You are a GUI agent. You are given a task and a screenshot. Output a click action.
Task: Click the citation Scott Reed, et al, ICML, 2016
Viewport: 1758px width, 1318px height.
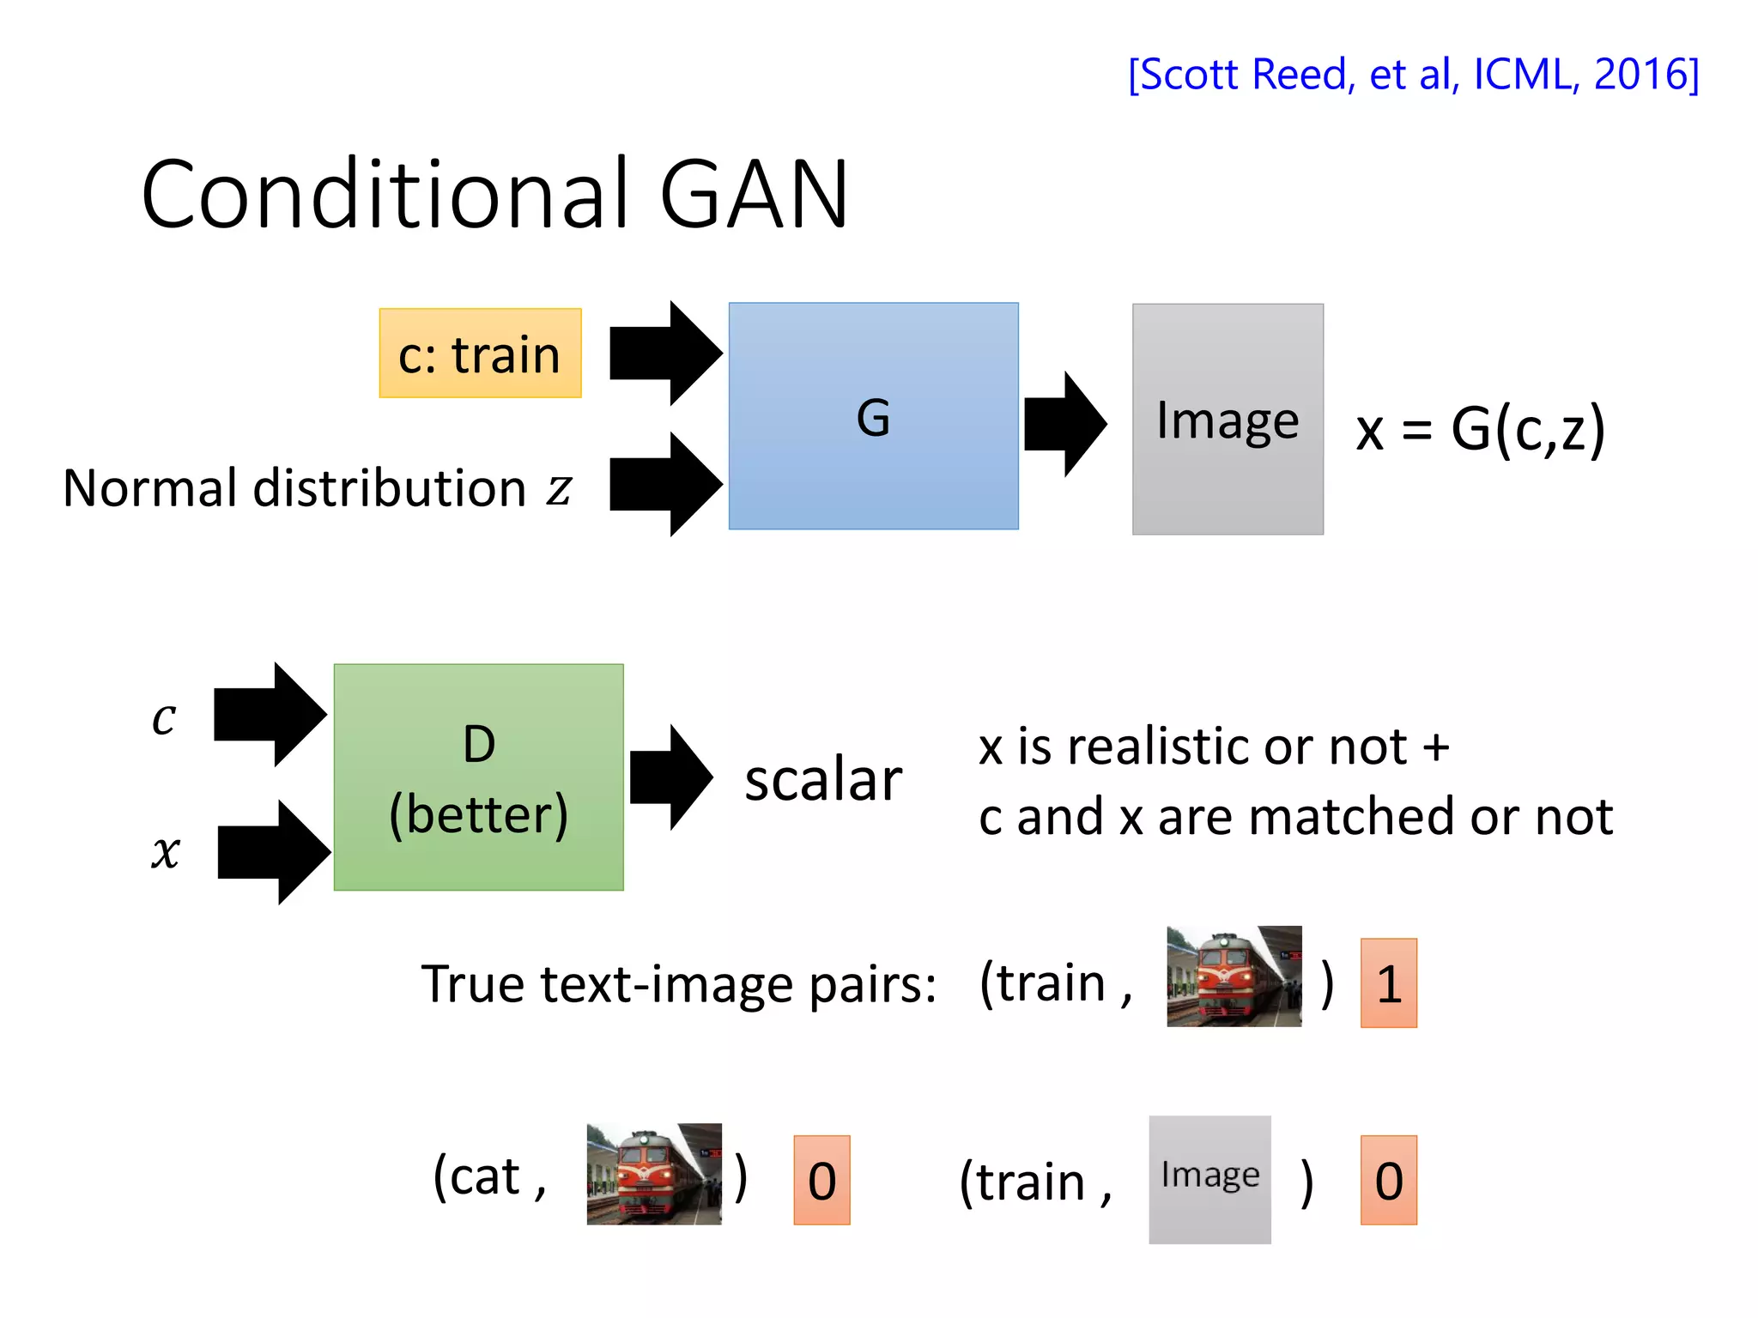click(x=1413, y=75)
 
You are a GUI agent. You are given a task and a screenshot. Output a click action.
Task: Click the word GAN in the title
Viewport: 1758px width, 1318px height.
click(x=754, y=196)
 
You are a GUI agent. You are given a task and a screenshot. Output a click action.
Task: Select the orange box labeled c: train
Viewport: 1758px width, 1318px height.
click(x=480, y=354)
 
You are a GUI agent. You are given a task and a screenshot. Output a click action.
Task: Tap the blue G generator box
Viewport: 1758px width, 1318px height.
click(x=873, y=416)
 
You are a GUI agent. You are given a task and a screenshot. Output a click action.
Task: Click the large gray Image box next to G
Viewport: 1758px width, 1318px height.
click(x=1227, y=420)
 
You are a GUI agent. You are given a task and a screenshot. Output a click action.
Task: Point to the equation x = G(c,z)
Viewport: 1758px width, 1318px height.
click(x=1480, y=428)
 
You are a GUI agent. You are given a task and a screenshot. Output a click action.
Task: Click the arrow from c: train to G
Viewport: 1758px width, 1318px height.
click(x=664, y=353)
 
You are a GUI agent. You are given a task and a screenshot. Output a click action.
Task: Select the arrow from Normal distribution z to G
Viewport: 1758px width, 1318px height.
click(x=664, y=484)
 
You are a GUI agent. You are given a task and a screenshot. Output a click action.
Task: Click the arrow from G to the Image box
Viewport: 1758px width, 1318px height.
click(x=1064, y=424)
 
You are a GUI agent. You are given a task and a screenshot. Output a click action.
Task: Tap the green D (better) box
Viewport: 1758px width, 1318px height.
click(x=478, y=777)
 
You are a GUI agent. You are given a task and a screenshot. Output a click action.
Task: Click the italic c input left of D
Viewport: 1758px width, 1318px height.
click(x=164, y=717)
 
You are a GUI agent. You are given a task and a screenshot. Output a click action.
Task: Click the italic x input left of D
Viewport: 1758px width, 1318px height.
click(x=166, y=852)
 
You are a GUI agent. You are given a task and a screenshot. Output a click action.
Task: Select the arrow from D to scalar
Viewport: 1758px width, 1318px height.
click(x=670, y=777)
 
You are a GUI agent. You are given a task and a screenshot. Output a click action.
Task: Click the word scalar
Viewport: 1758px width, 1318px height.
click(x=822, y=780)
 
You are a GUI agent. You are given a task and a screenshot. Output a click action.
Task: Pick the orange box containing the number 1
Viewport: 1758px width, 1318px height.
click(x=1388, y=983)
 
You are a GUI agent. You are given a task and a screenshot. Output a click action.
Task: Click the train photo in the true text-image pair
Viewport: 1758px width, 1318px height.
click(x=1234, y=976)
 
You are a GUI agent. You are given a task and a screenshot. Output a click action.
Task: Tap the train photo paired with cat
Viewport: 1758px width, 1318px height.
click(x=653, y=1174)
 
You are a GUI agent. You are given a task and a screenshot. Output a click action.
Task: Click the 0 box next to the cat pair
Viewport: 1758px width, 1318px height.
click(x=821, y=1181)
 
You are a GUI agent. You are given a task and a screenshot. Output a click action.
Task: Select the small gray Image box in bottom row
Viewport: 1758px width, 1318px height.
click(x=1209, y=1179)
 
